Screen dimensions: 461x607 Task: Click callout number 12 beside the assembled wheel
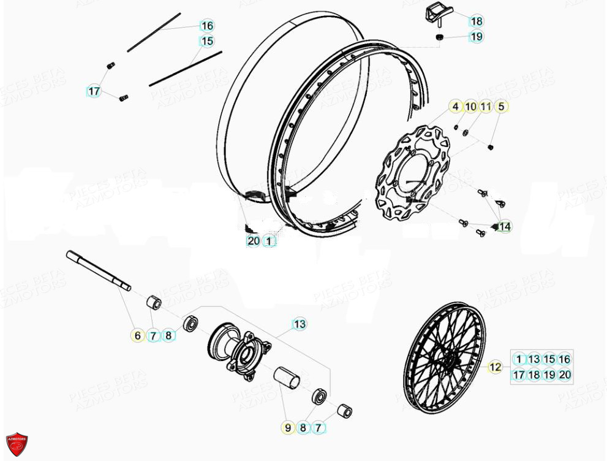(495, 367)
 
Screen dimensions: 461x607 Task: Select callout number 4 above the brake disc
(455, 107)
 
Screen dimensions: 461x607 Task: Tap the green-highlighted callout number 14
(503, 227)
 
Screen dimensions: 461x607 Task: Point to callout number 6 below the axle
(137, 335)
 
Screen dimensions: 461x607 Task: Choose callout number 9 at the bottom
(288, 428)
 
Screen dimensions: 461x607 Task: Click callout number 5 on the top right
(501, 107)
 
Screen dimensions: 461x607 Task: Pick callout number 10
(470, 107)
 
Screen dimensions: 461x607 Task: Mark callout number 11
(486, 107)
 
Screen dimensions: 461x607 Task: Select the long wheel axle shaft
(99, 270)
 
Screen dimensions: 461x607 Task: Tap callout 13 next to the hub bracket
(299, 324)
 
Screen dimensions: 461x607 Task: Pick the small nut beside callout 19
(440, 38)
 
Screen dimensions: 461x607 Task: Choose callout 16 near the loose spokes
(207, 25)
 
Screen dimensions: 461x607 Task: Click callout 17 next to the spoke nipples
(93, 91)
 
